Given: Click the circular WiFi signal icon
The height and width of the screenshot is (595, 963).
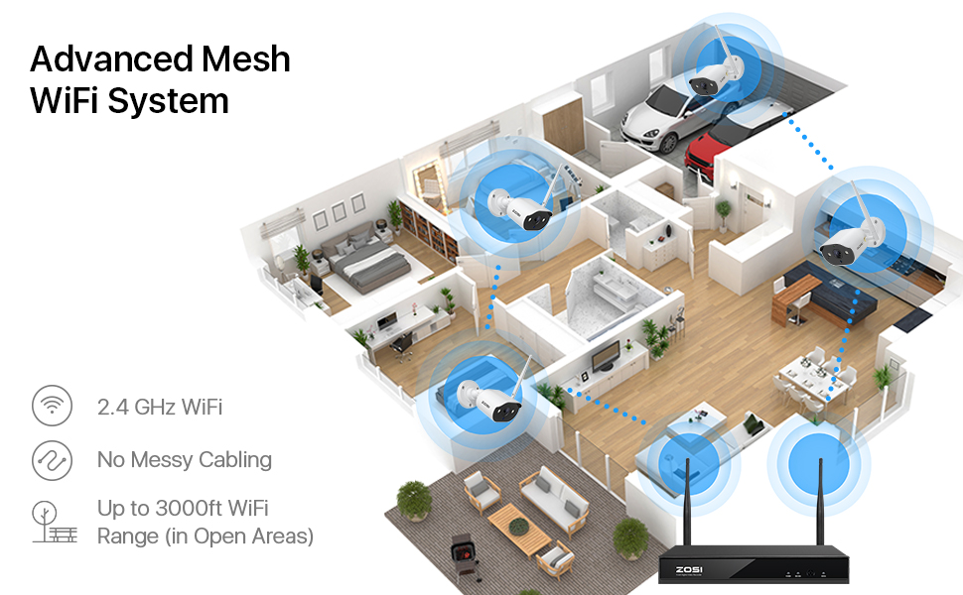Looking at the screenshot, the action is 53,407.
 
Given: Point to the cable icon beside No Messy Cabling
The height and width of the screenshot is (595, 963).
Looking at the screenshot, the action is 53,460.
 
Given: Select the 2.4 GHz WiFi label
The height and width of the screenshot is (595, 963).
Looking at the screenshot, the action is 159,407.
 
